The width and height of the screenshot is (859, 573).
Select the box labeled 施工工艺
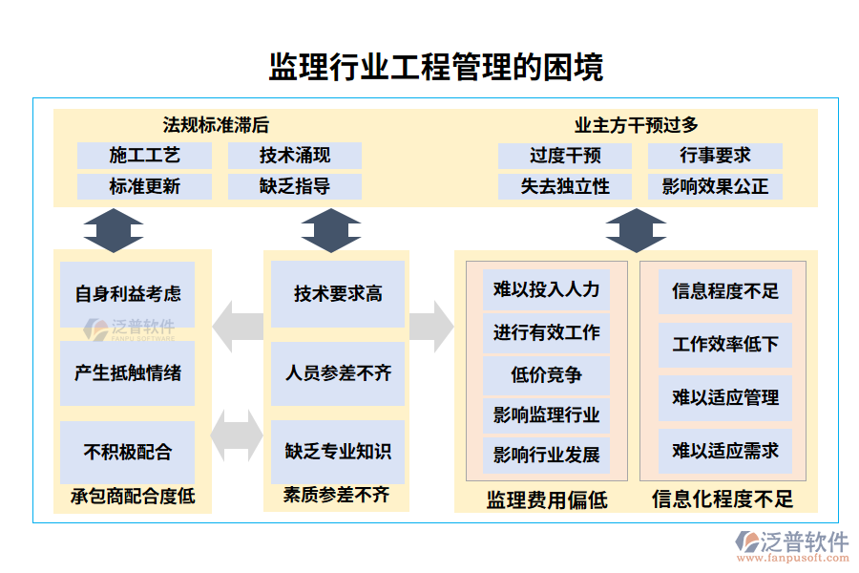[x=144, y=155]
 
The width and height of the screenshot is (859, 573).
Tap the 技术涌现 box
[x=295, y=155]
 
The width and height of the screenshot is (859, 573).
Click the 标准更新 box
[x=144, y=186]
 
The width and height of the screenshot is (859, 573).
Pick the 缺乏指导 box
[x=295, y=186]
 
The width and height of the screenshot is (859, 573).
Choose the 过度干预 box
[x=565, y=155]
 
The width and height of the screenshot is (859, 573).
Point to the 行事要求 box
[x=715, y=155]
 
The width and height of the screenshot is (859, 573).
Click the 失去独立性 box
[x=565, y=186]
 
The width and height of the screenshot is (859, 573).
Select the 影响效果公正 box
[x=715, y=186]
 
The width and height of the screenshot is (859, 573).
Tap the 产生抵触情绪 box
[x=127, y=372]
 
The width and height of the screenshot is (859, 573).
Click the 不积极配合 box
[x=127, y=452]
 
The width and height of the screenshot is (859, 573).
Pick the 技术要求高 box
[x=338, y=293]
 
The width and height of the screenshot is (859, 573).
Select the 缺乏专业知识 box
[x=338, y=452]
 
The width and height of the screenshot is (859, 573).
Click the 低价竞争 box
[x=546, y=374]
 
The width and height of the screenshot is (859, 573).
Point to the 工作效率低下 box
[x=725, y=344]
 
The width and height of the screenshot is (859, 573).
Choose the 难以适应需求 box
[x=725, y=450]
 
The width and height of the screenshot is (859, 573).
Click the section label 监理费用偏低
[x=547, y=499]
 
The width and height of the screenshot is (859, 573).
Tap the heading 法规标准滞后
[x=216, y=124]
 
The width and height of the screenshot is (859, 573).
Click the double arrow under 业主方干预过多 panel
[x=636, y=229]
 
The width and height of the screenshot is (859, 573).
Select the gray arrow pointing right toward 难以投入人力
[x=431, y=327]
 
